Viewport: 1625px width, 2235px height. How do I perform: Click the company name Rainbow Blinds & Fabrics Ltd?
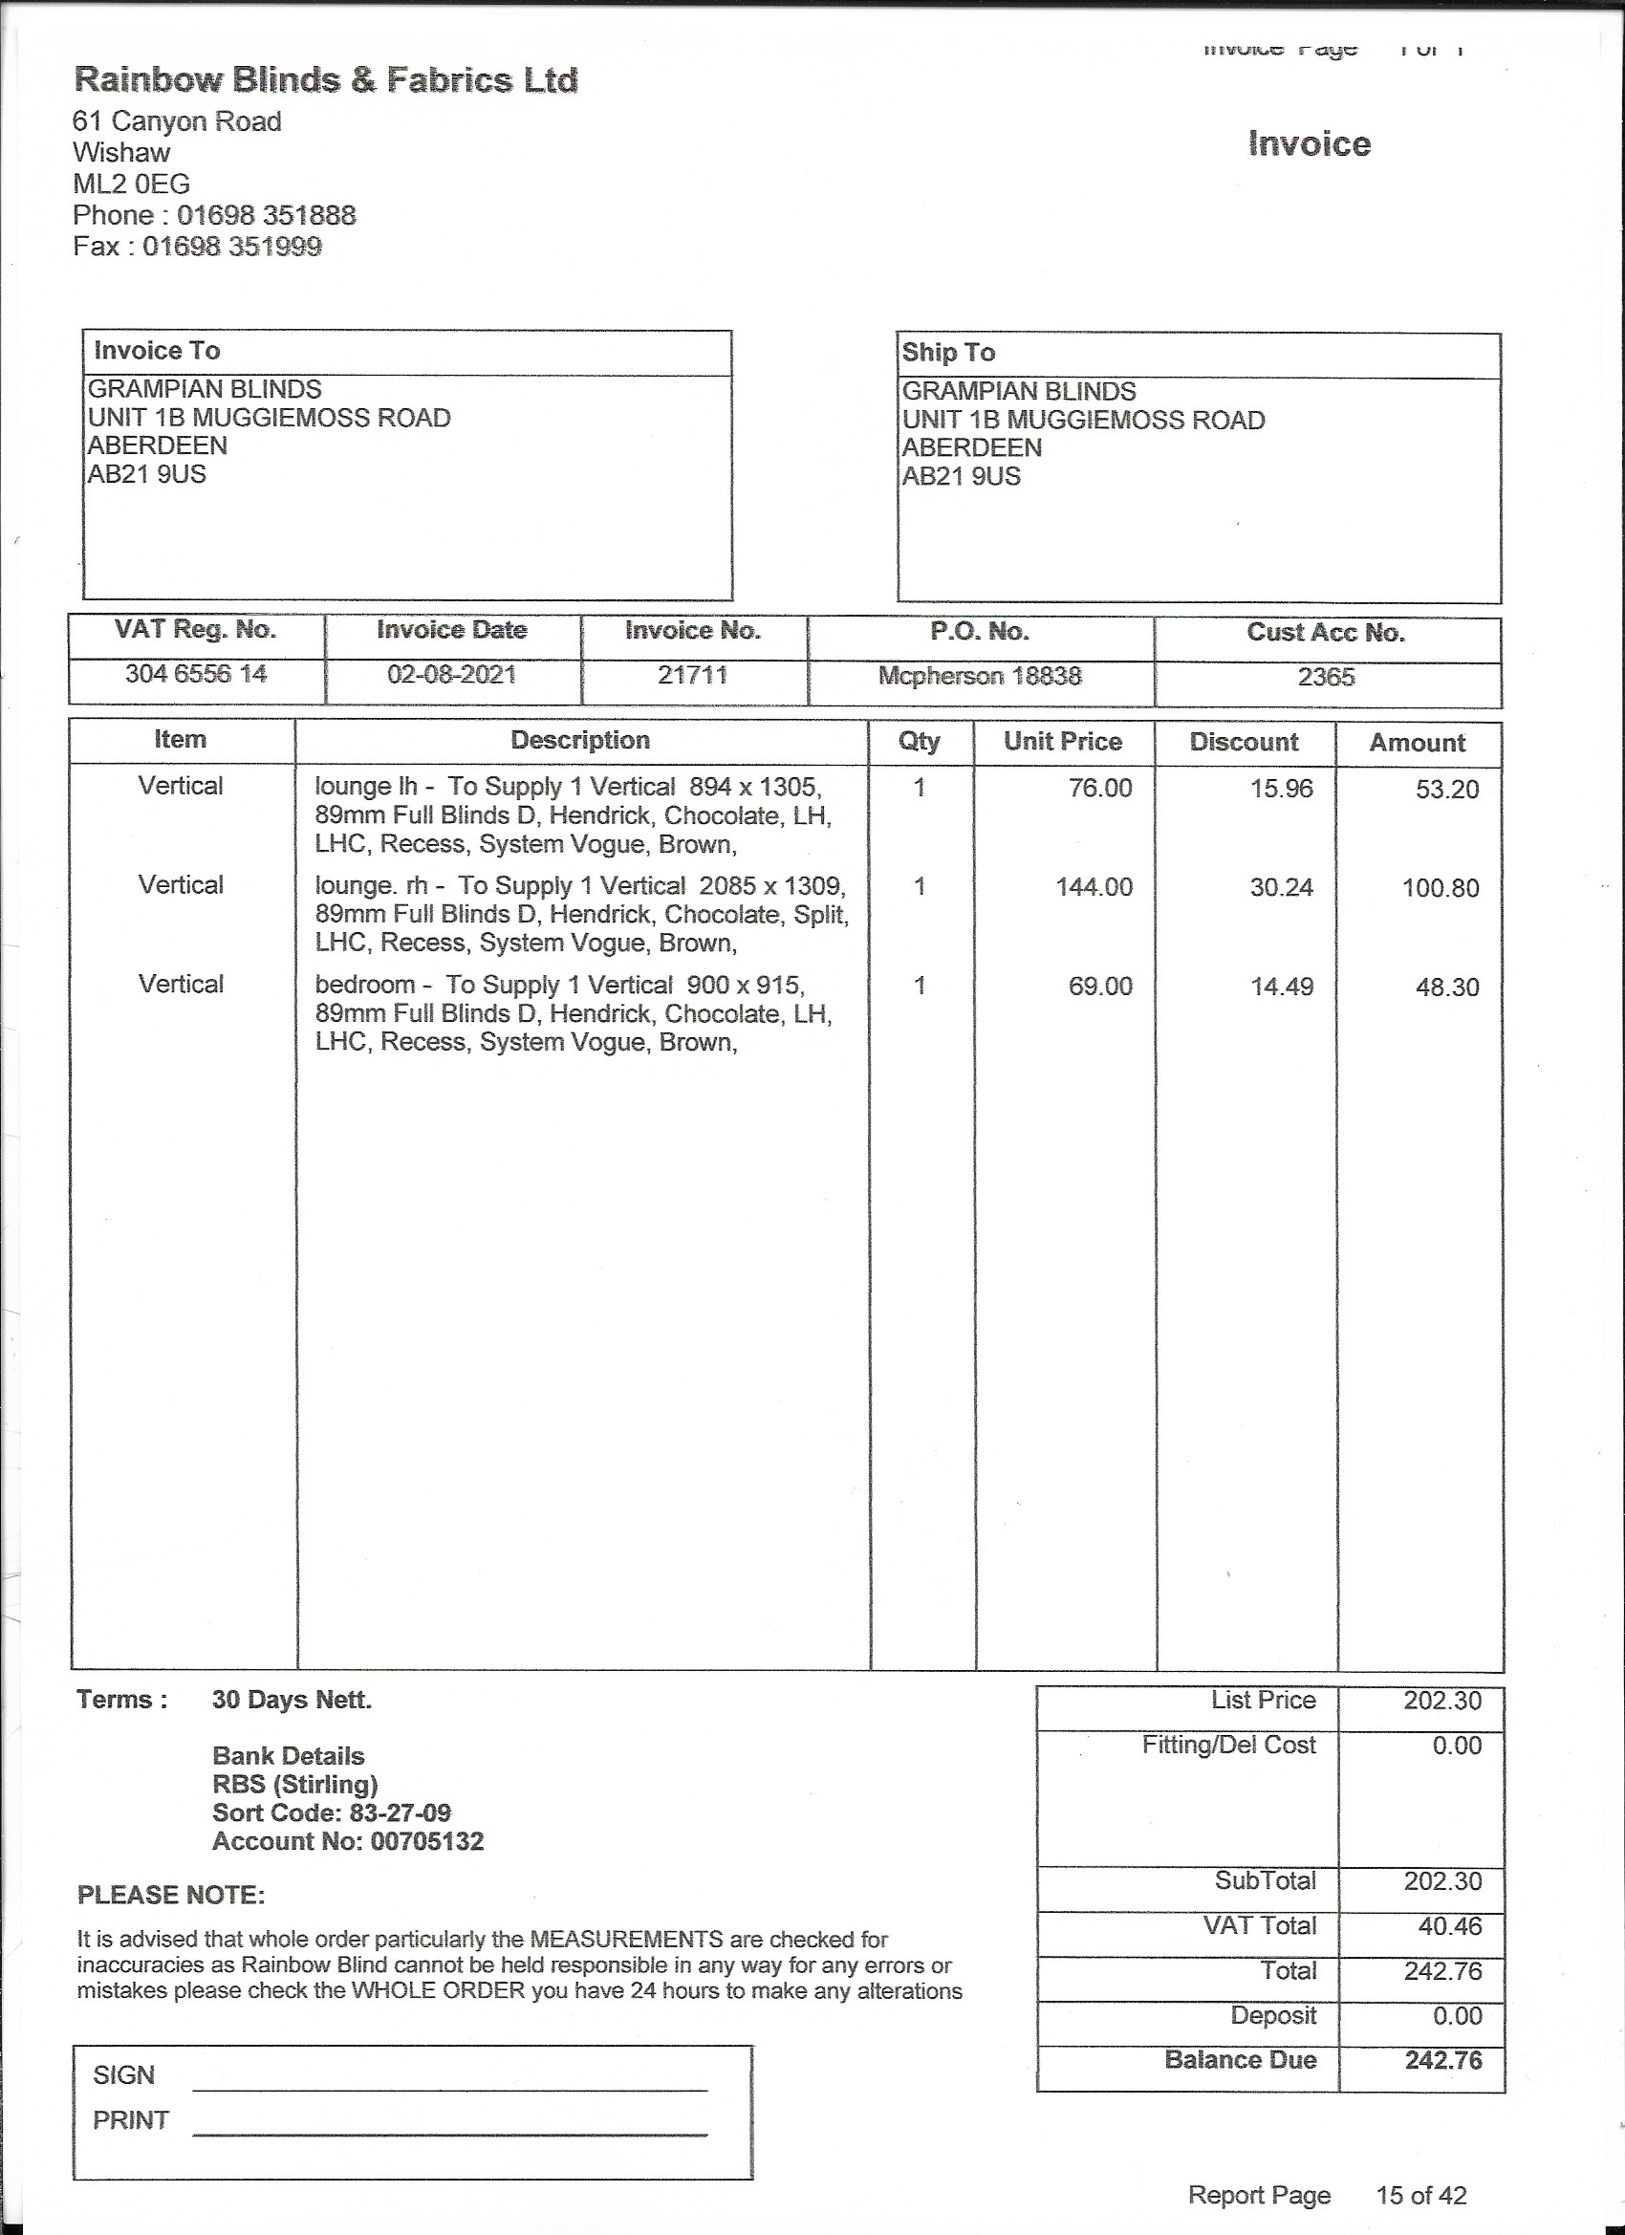tap(325, 80)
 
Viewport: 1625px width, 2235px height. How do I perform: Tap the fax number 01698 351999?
tap(231, 247)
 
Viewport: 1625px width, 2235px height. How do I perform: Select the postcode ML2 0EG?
tap(131, 184)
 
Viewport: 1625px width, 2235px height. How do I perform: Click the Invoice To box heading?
tap(157, 351)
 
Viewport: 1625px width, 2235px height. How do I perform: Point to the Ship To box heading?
tap(948, 353)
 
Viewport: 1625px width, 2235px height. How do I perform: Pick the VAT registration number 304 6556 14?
tap(195, 674)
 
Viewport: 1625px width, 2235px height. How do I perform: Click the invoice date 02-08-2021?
tap(451, 675)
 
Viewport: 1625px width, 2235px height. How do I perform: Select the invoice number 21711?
tap(692, 675)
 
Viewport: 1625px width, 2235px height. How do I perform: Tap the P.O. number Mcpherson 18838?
tap(980, 676)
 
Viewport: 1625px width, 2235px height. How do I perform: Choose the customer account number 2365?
tap(1326, 677)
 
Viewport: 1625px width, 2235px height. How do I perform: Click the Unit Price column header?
tap(1062, 742)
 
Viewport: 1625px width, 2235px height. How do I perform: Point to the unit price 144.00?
tap(1094, 887)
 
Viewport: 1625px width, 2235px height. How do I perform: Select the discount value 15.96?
tap(1281, 789)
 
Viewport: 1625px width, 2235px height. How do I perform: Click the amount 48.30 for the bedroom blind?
tap(1446, 987)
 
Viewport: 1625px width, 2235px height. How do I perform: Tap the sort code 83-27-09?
tap(400, 1813)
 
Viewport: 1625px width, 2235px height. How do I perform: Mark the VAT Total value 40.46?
tap(1449, 1926)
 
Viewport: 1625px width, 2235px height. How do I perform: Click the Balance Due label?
tap(1240, 2061)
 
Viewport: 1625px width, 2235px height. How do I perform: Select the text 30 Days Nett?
tap(292, 1700)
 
